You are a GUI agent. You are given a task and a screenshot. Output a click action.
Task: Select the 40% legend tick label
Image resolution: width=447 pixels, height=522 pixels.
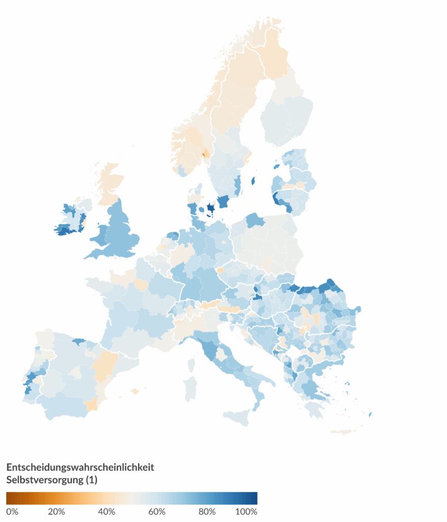(107, 511)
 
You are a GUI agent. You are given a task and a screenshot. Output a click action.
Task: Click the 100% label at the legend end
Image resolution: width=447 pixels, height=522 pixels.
(246, 511)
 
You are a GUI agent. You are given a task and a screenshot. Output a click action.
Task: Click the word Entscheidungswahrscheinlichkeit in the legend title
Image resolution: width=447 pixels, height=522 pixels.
(80, 467)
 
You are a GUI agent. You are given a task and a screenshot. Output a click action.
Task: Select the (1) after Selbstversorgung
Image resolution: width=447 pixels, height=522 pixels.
(92, 480)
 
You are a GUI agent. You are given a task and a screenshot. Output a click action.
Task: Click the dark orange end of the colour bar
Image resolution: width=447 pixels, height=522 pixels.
(9, 498)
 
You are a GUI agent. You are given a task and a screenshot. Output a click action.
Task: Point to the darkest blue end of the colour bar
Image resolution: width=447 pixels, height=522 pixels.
(255, 498)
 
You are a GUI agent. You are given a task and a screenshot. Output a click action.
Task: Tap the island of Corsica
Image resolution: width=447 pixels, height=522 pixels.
(192, 364)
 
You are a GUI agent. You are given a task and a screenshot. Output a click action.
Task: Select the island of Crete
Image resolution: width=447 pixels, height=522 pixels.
(343, 432)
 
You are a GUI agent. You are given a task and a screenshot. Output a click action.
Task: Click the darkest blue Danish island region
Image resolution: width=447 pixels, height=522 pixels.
(210, 209)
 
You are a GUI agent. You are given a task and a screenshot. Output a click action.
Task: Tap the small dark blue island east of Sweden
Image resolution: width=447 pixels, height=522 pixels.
(253, 180)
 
